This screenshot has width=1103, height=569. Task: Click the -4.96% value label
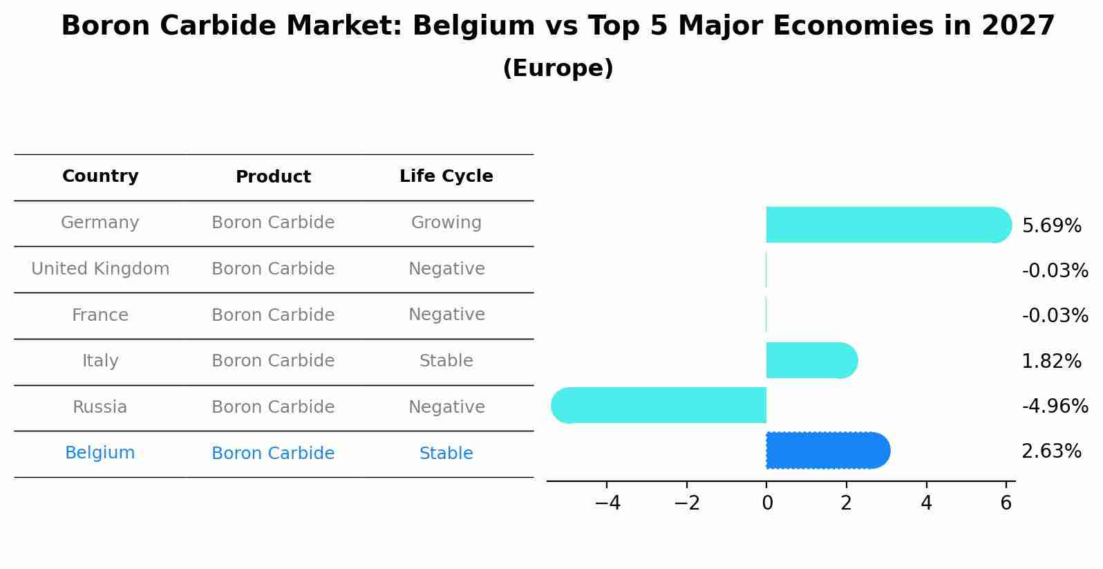(x=1055, y=407)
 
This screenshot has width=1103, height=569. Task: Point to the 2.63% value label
(x=1051, y=451)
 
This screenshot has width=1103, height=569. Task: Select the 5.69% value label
(x=1051, y=226)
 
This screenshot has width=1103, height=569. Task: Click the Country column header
(x=100, y=176)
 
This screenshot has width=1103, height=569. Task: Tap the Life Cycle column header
(x=446, y=176)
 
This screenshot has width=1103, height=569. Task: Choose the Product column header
(x=273, y=177)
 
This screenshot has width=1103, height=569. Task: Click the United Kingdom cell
(x=100, y=269)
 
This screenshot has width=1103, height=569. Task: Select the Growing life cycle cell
(x=446, y=223)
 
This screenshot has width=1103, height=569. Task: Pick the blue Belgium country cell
(x=100, y=453)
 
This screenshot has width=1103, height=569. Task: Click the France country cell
(x=100, y=315)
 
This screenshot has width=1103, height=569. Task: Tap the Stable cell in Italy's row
(x=446, y=361)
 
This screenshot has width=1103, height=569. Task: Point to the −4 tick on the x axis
(x=607, y=503)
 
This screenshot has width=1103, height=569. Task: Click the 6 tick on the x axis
(x=1006, y=503)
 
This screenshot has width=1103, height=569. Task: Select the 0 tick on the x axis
(x=767, y=503)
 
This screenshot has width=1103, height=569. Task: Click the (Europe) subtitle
(x=558, y=68)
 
